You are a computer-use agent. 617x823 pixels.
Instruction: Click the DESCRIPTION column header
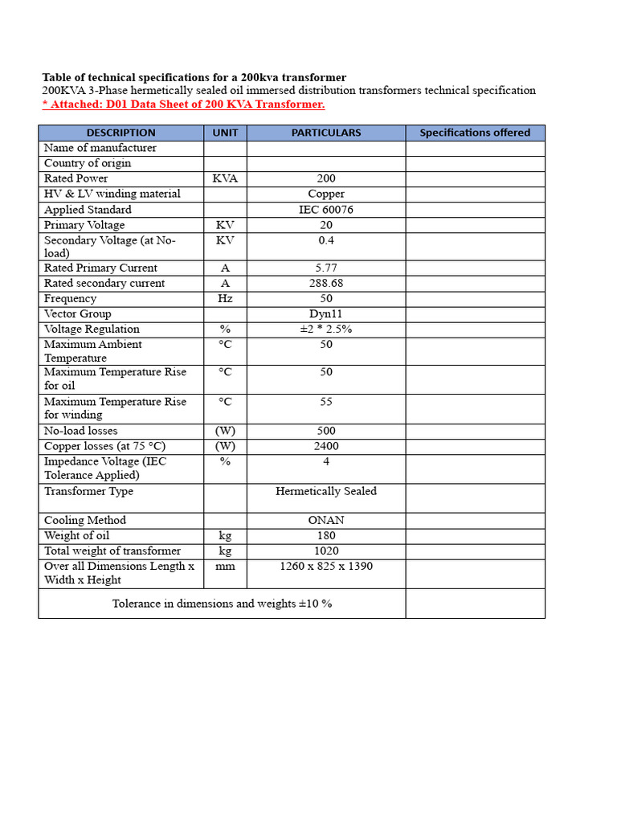(121, 133)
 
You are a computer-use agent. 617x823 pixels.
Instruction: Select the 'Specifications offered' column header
(475, 133)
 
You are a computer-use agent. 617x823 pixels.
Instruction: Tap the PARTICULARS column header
(325, 133)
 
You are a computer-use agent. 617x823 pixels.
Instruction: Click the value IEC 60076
(325, 210)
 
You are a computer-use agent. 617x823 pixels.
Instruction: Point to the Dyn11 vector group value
(325, 313)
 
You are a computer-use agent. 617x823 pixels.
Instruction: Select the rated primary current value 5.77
(325, 268)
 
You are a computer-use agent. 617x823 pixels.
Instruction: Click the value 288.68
(325, 283)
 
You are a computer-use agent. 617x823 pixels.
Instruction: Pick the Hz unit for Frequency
(225, 298)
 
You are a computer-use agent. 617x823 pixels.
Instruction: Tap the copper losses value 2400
(325, 446)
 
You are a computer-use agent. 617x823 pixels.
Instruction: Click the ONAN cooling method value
(325, 520)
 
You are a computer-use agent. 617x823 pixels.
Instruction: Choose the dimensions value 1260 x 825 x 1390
(325, 566)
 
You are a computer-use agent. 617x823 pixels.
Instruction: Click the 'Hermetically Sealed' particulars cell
(325, 491)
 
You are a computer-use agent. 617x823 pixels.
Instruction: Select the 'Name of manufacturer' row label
(100, 148)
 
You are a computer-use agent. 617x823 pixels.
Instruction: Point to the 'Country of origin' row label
(88, 163)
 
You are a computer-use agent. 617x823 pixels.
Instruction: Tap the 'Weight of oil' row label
(77, 535)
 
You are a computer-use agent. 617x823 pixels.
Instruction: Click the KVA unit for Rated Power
(225, 178)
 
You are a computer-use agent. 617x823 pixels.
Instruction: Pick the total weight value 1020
(325, 551)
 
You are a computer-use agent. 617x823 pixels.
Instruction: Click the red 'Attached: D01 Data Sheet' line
(184, 104)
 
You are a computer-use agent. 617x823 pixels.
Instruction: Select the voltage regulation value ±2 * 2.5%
(325, 329)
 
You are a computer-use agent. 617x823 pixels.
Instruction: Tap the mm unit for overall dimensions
(225, 566)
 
